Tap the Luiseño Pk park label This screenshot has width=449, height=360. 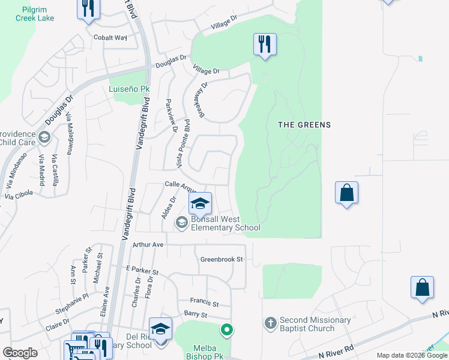coord(128,89)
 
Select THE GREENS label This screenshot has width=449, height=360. coord(304,125)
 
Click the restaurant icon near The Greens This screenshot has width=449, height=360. coord(265,44)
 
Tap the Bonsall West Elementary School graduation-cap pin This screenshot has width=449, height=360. coord(200,204)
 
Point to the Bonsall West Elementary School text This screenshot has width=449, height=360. coord(226,223)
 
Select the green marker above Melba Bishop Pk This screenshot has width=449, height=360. coord(226,329)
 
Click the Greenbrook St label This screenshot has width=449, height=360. coord(221,259)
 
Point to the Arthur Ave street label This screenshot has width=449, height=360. coord(148,245)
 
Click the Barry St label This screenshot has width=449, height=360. coord(196,314)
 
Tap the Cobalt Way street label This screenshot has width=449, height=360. coord(110,37)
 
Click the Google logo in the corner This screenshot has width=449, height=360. coord(20,353)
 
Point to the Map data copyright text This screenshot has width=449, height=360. coord(412,355)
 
